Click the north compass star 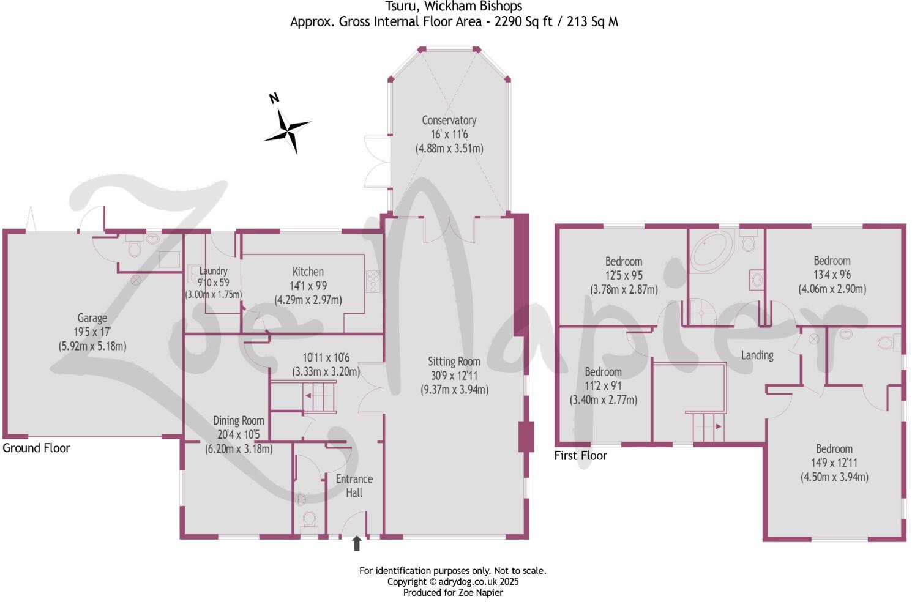[x=287, y=129]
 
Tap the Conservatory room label [x=449, y=121]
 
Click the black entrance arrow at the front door [x=357, y=543]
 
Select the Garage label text [x=92, y=318]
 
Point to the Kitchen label [x=308, y=272]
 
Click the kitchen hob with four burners [x=373, y=281]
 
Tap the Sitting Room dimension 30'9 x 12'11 [x=454, y=376]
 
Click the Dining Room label [x=238, y=421]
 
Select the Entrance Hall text [x=354, y=486]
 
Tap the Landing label [x=757, y=355]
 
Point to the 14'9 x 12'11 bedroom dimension [x=834, y=463]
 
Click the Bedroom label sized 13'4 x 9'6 [x=832, y=261]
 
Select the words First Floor [x=580, y=456]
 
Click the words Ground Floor [x=36, y=448]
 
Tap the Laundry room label [x=213, y=271]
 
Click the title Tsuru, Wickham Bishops [x=454, y=7]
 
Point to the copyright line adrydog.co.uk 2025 [x=452, y=582]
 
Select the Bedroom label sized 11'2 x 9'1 [x=603, y=372]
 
